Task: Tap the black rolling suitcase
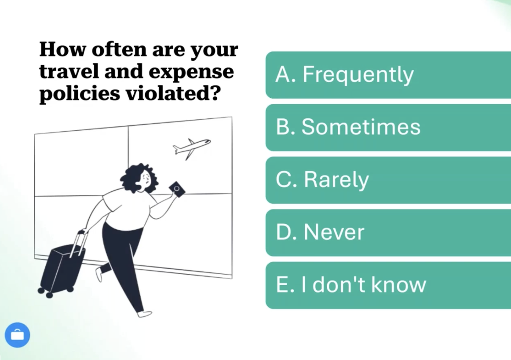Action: [x=62, y=269]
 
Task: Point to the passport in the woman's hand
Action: [x=177, y=189]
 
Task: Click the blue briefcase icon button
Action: [x=18, y=335]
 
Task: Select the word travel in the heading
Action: [x=69, y=72]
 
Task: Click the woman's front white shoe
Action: [x=144, y=314]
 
